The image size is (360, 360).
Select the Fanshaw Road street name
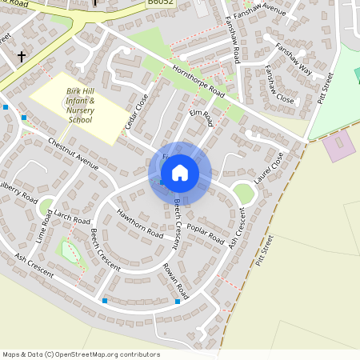pyautogui.click(x=233, y=43)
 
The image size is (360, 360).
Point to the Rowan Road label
pyautogui.click(x=175, y=280)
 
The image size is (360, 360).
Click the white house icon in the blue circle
pyautogui.click(x=179, y=173)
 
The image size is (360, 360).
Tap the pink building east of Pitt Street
pyautogui.click(x=338, y=147)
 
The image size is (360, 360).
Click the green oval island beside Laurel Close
pyautogui.click(x=243, y=192)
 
